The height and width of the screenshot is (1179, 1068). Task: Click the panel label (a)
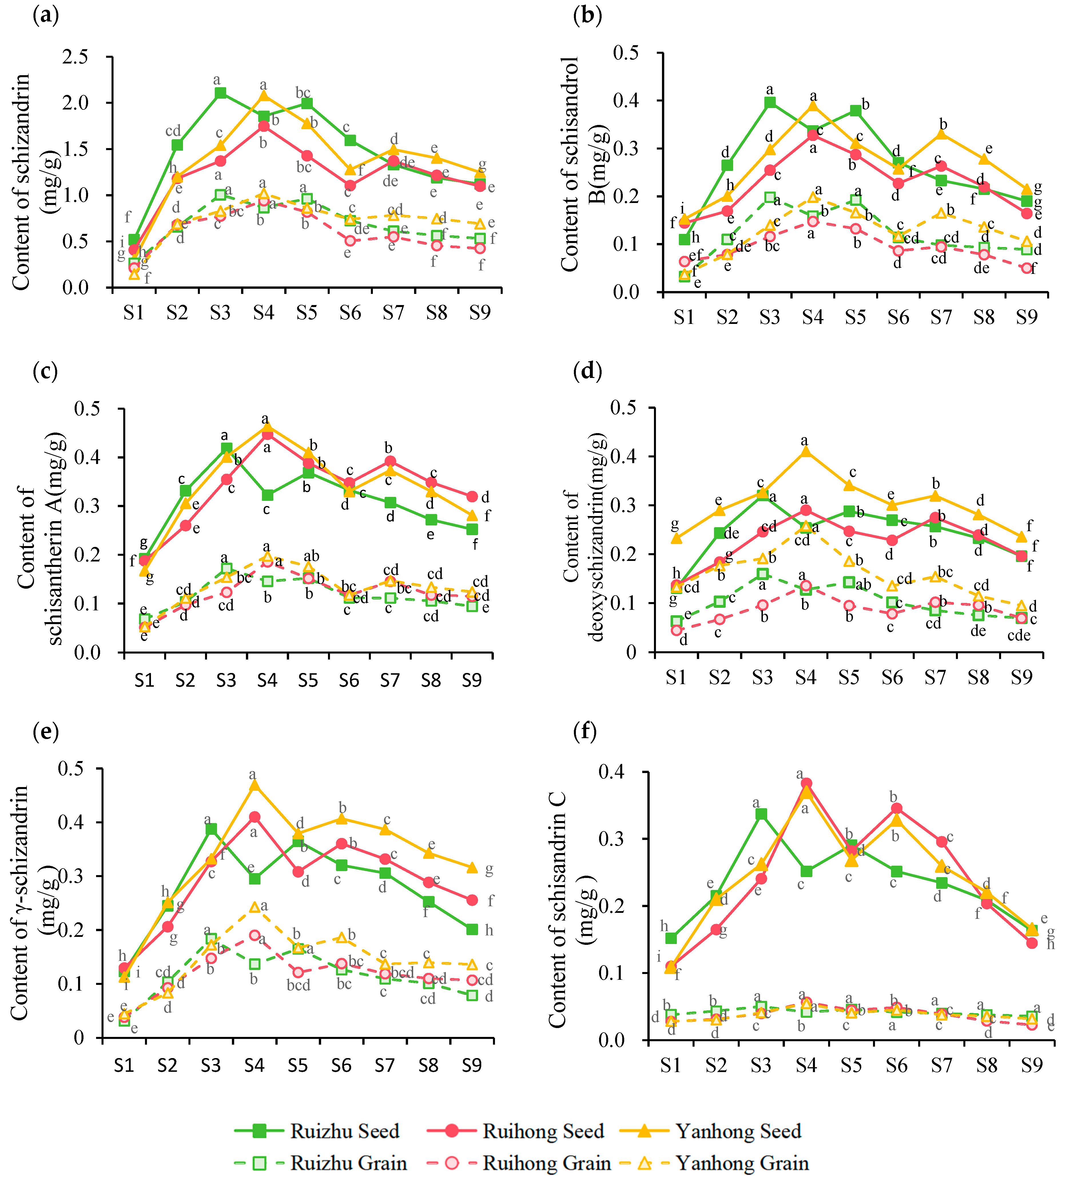pos(46,15)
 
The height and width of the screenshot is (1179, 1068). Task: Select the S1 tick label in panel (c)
pos(144,680)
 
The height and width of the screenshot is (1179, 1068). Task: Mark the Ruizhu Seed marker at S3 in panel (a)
pos(220,93)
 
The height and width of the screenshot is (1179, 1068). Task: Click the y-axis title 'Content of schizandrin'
pos(21,181)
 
